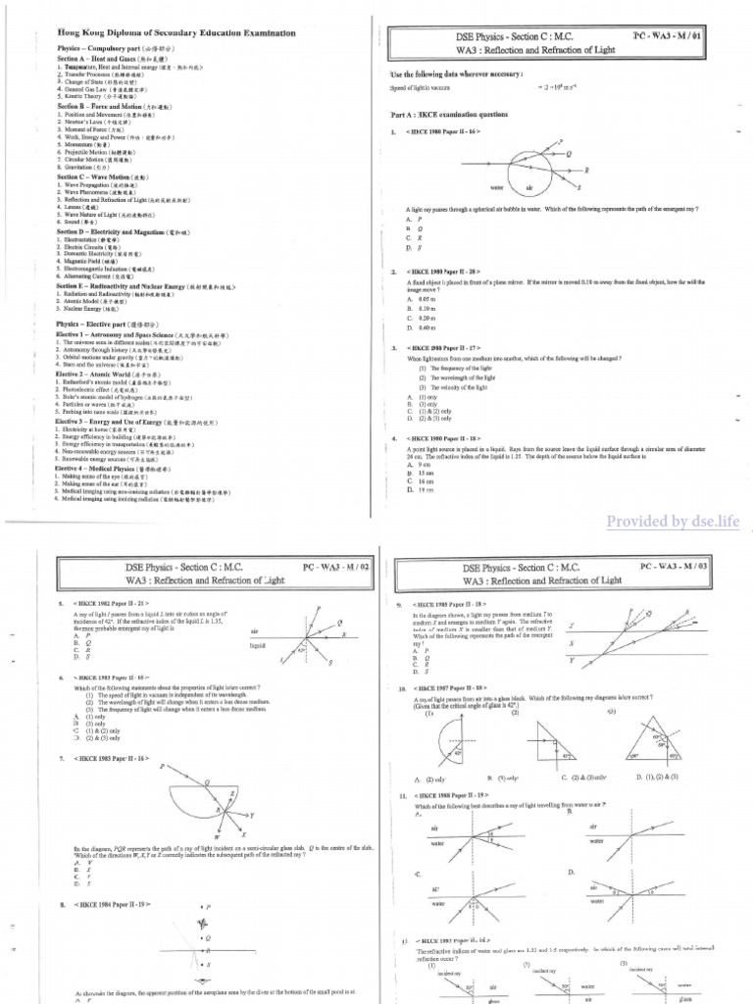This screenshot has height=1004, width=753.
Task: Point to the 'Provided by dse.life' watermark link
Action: coord(673,520)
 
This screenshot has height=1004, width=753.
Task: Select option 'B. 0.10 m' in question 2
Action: coord(426,306)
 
